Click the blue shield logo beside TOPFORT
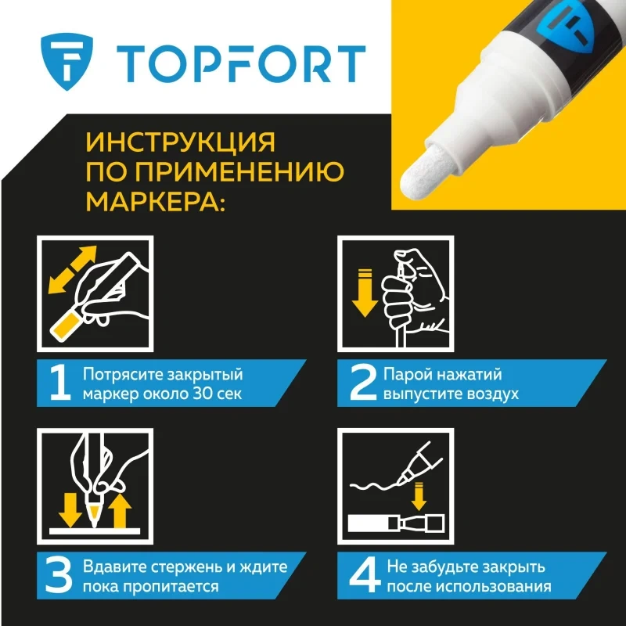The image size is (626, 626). pos(67,61)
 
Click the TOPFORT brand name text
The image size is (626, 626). pos(241,64)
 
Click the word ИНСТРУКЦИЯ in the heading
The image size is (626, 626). pos(181,142)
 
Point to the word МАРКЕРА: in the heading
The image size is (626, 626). pos(156,200)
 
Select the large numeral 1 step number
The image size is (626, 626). pos(60,383)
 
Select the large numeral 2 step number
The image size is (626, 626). pos(363,383)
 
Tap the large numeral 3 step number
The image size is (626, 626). pos(59,575)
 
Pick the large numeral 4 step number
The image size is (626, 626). pos(365,575)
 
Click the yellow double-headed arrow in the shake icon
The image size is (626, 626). pos(72,269)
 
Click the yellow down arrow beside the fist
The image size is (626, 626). pos(365,293)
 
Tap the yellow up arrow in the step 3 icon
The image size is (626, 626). pos(120,511)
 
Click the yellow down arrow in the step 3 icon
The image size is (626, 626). pos(70,510)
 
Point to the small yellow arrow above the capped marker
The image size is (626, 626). pos(419,496)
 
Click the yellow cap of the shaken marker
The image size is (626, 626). pos(66,326)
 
